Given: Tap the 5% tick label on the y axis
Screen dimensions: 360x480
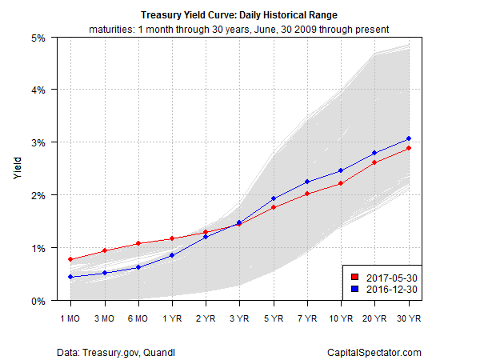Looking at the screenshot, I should pos(38,37).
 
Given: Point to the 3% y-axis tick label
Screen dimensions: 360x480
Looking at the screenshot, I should pos(38,142).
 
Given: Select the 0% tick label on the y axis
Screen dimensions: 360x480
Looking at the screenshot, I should pos(38,301).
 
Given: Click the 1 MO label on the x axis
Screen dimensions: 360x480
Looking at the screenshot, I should pos(71,317).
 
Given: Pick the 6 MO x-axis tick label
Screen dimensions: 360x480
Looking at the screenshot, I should pos(138,317).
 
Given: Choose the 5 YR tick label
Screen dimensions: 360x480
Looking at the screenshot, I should pos(274,317).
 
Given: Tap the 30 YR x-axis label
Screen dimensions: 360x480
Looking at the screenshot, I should pos(408,317).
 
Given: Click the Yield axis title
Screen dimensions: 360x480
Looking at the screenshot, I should pos(18,169).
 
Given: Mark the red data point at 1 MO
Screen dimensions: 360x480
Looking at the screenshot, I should pos(71,259).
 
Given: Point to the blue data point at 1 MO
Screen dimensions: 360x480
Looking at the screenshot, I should pos(71,277).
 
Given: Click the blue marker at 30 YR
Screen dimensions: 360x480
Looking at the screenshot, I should pos(409,138).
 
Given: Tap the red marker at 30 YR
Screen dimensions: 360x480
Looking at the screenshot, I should pos(409,148).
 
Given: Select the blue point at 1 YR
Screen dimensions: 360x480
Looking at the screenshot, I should pos(172,255).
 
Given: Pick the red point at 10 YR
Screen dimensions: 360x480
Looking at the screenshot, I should pos(341,183).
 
